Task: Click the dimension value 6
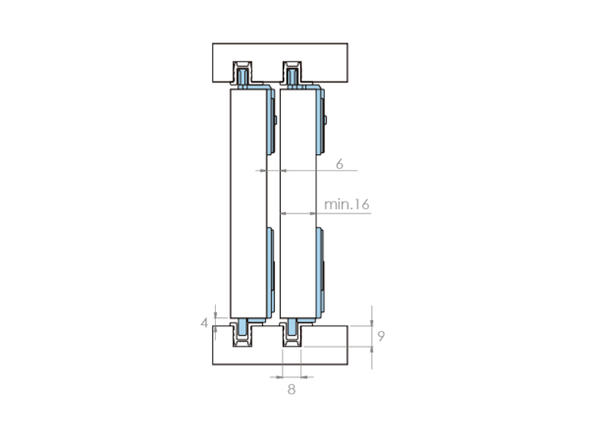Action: coord(340,164)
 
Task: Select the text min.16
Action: coord(347,204)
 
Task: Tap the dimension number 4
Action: coord(204,323)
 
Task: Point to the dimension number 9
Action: coord(381,336)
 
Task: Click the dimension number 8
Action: coord(292,390)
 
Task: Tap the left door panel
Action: coord(248,203)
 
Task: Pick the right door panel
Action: coord(298,203)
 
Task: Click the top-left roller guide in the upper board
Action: coord(242,74)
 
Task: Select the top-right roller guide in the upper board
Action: coord(292,74)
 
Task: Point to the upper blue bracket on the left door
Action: coord(271,120)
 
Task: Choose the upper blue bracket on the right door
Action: coord(321,120)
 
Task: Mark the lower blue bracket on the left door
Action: coord(271,272)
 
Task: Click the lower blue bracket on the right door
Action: coord(320,272)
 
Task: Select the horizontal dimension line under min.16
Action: coord(325,213)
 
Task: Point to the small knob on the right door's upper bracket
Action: coord(325,120)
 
